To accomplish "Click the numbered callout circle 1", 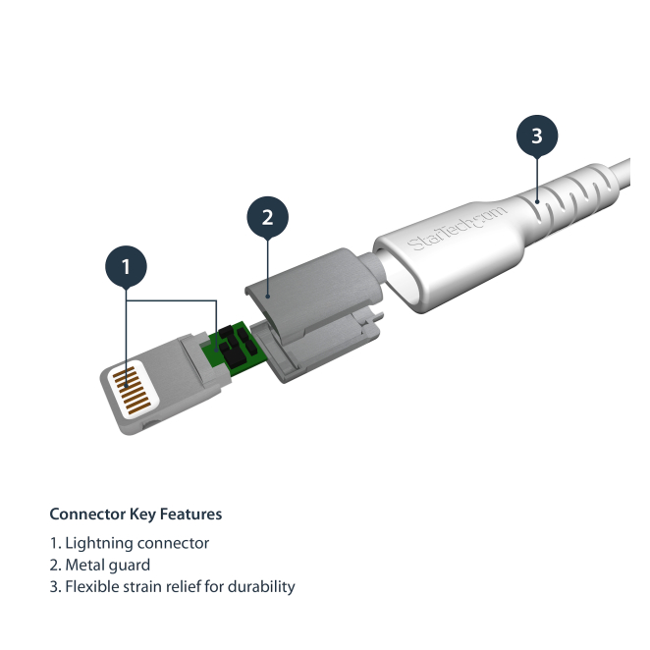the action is [126, 266].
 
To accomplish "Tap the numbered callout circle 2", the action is [268, 217].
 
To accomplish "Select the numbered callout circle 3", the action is [537, 135].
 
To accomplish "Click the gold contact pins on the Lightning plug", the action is [131, 390].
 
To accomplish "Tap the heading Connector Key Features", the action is [135, 515].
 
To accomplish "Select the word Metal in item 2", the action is [81, 565].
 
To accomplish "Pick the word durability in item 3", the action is [261, 587].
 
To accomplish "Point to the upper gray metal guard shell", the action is [314, 292].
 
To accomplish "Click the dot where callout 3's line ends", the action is [537, 202].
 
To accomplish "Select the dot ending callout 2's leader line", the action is [268, 297].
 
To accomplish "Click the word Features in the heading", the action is [191, 515].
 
